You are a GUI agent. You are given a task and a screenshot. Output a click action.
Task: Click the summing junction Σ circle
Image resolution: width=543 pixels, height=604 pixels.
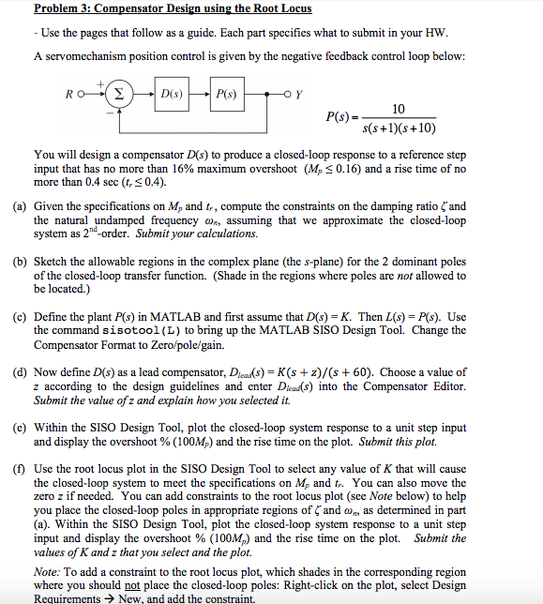120,95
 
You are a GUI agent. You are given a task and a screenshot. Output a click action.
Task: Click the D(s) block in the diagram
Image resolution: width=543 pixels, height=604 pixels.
172,95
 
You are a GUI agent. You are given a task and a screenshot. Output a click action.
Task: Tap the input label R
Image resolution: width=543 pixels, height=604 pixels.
68,95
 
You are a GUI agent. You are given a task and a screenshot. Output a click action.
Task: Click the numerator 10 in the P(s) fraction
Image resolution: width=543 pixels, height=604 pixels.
399,109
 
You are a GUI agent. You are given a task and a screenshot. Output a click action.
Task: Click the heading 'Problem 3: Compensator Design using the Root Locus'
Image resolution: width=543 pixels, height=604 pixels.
173,8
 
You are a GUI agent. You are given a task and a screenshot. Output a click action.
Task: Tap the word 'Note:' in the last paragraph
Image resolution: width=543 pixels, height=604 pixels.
48,571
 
